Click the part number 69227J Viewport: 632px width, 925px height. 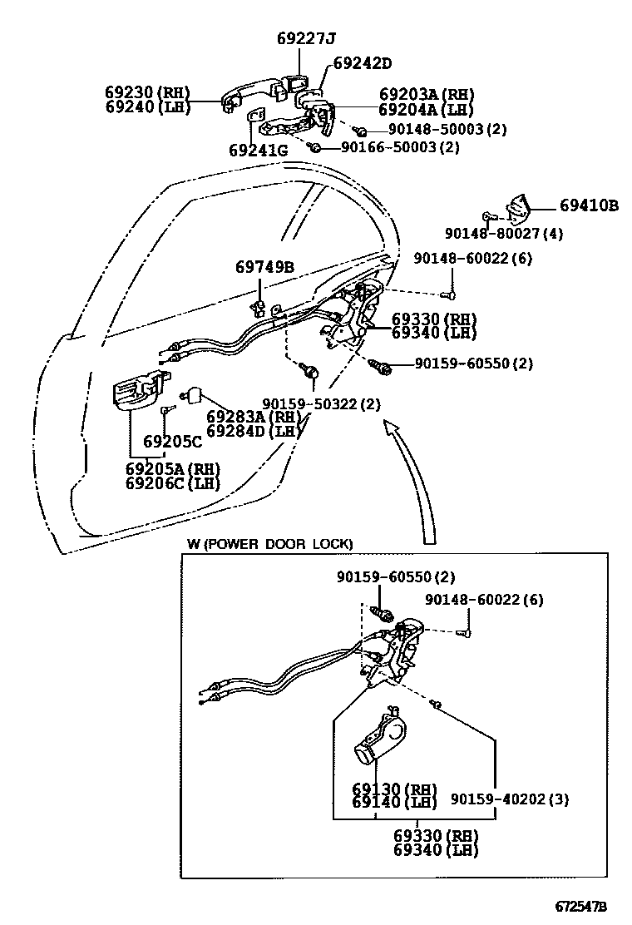click(x=305, y=39)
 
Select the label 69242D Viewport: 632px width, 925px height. click(x=362, y=63)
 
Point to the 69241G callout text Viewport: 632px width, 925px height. click(x=258, y=151)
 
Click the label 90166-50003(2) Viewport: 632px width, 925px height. click(x=399, y=147)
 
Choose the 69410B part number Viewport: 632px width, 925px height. click(x=588, y=205)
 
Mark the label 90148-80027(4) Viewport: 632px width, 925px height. click(x=503, y=234)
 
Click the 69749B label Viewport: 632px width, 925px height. click(x=264, y=267)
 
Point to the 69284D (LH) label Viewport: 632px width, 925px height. click(x=252, y=431)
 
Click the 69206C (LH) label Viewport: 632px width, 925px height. click(x=173, y=483)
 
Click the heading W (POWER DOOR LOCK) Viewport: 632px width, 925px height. click(x=269, y=544)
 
